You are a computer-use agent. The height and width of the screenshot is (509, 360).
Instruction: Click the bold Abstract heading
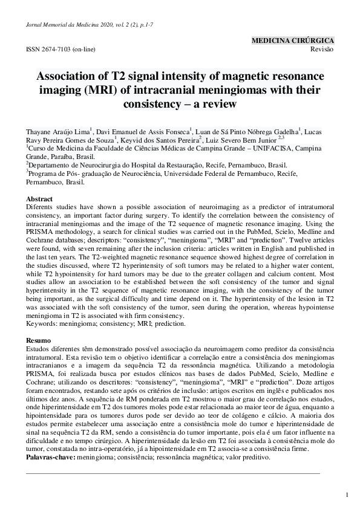[x=39, y=199]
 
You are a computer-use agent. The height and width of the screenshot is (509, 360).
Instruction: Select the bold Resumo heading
[x=39, y=342]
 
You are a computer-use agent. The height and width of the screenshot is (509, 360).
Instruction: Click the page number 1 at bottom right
[x=347, y=495]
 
